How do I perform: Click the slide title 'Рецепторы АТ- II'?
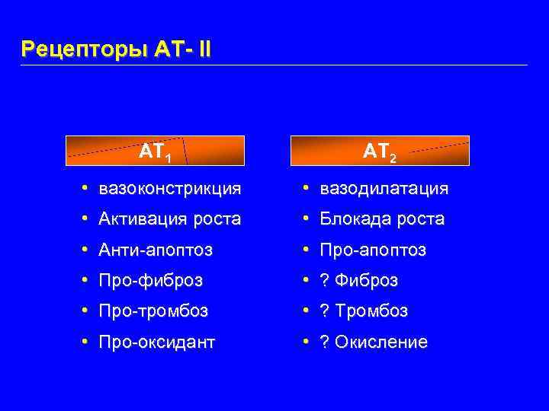tap(117, 49)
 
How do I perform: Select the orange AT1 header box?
tap(155, 151)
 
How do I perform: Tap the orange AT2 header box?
tap(379, 151)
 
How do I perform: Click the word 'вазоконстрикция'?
tap(170, 188)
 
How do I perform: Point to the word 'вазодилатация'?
tap(384, 188)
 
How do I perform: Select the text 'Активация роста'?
tap(170, 219)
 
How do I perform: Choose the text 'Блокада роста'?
tap(382, 219)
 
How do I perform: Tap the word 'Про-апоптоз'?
tap(373, 250)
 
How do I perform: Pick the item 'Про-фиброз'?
tap(151, 281)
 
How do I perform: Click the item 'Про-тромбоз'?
tap(153, 311)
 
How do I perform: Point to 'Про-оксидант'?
tap(158, 342)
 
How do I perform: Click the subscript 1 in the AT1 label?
tap(167, 158)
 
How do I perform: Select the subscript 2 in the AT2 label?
tap(392, 158)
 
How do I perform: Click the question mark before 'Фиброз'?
tap(324, 281)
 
